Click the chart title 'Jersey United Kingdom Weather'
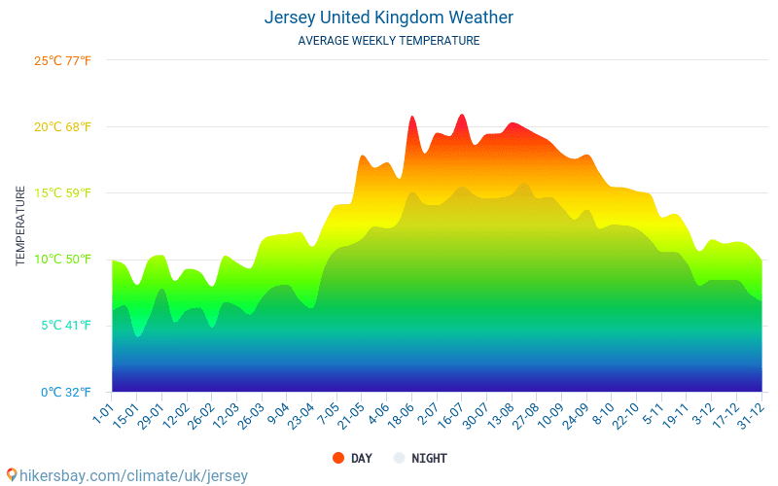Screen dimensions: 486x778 389,17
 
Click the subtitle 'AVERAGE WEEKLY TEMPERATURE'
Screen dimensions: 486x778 389,41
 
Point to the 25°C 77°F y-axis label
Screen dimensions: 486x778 62,60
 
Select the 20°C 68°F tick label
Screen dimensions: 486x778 62,126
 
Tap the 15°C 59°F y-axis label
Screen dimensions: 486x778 62,192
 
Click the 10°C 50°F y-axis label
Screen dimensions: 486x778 62,259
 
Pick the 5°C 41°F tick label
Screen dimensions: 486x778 66,325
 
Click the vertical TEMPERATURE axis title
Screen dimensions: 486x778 20,226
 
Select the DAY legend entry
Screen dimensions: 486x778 361,458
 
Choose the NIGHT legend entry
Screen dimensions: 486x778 429,458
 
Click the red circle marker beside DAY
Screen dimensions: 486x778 338,458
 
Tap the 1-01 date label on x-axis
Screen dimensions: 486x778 102,408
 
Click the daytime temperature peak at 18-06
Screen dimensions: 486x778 412,117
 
